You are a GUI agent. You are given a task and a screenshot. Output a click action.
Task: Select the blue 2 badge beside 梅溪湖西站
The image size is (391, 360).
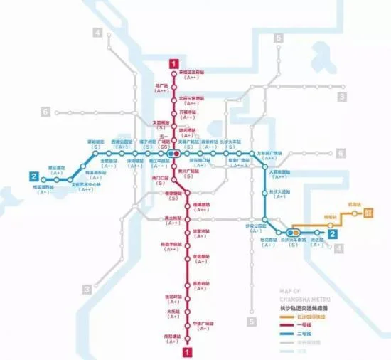tap(33, 176)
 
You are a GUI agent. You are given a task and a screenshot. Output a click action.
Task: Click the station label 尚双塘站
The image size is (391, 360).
tap(172, 337)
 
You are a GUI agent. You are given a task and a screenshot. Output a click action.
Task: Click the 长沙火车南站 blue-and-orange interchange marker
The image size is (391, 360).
tap(293, 232)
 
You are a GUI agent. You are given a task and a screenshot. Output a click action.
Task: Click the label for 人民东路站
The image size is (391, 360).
tap(281, 171)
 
